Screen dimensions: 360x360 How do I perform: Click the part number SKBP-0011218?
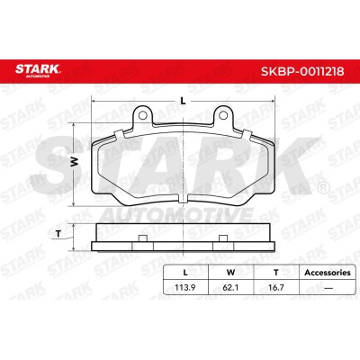point(302,71)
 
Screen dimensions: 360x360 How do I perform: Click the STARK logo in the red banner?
point(38,70)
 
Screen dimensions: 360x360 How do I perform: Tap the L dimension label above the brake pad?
point(183,101)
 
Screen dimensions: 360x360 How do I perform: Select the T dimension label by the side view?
point(58,234)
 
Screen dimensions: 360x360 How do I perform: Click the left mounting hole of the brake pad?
point(143,115)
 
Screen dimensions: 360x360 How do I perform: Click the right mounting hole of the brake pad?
point(223,115)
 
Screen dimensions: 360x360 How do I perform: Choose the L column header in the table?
point(185,273)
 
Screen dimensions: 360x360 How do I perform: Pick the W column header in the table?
point(230,273)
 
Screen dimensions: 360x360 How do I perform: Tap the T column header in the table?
point(276,273)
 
